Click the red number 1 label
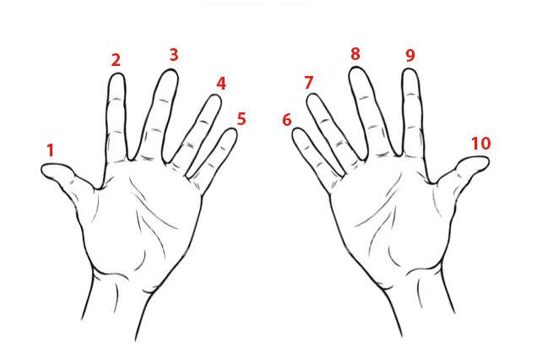tap(51, 150)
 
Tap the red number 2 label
tap(117, 60)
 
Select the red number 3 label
tap(174, 55)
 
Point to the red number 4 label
tap(221, 84)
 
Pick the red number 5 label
tap(241, 118)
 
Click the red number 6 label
tap(286, 120)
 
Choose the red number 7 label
tap(308, 82)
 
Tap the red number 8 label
tap(355, 54)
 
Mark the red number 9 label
tap(410, 55)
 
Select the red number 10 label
tap(481, 144)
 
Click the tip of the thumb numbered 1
tap(42, 169)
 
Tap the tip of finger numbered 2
tap(117, 74)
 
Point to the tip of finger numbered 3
tap(171, 69)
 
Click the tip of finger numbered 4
tap(216, 95)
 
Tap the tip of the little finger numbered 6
tap(296, 128)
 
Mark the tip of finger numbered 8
tap(356, 68)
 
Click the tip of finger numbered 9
tap(410, 69)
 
